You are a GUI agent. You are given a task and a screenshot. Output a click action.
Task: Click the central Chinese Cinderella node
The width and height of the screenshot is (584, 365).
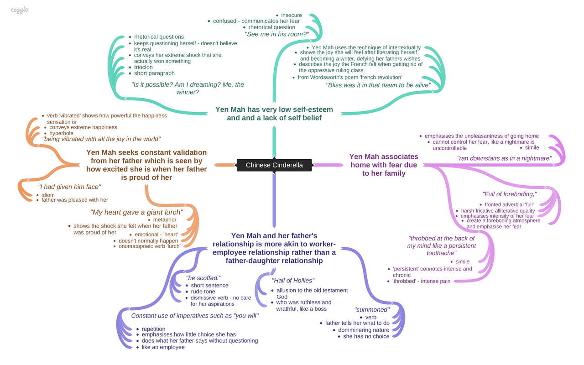(x=274, y=165)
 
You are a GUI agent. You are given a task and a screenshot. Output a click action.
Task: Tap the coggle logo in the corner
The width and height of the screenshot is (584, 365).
(x=20, y=10)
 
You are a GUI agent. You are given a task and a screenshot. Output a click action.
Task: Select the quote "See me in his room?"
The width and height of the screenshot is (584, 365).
(x=277, y=34)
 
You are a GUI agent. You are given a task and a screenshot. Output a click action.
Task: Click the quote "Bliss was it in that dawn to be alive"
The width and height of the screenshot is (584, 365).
(x=378, y=85)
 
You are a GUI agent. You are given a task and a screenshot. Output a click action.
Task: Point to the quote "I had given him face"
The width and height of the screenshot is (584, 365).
(x=69, y=187)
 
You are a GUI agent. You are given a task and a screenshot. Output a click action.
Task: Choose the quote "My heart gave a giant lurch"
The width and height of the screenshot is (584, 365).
(x=137, y=212)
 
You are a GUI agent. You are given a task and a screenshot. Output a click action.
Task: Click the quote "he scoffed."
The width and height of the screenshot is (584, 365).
(x=203, y=278)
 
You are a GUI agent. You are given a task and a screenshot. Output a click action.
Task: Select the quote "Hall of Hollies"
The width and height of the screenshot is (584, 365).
(x=293, y=281)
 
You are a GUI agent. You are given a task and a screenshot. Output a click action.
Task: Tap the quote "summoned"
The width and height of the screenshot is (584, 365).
(x=372, y=309)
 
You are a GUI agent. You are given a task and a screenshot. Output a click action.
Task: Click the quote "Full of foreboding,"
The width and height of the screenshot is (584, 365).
(x=509, y=194)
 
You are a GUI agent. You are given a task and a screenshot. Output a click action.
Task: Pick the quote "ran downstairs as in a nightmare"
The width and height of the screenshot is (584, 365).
(x=504, y=158)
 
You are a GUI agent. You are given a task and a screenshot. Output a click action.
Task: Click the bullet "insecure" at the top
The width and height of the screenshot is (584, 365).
(x=291, y=15)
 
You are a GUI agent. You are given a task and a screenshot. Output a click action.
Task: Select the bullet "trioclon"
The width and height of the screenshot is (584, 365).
(x=143, y=67)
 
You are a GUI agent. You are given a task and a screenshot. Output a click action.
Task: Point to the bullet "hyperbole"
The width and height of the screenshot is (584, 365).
(x=61, y=133)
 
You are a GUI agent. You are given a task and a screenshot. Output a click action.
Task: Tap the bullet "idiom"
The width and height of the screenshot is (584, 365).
(x=48, y=195)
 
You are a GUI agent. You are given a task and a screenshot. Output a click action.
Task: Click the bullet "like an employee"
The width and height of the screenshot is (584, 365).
(x=163, y=347)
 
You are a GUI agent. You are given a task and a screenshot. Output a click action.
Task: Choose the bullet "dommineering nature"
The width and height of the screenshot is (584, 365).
(x=364, y=330)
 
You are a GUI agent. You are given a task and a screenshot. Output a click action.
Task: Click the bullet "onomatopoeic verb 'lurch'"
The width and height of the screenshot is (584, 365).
(x=150, y=246)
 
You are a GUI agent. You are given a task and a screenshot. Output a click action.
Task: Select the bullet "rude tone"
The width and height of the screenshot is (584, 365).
(x=203, y=292)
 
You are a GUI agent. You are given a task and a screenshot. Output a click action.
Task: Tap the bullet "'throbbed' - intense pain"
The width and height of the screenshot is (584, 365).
(x=422, y=281)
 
